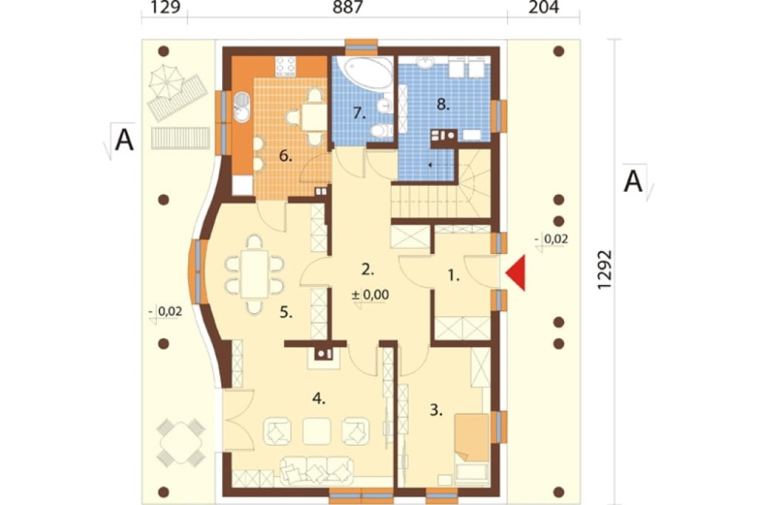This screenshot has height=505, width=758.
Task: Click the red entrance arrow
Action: [x=515, y=273]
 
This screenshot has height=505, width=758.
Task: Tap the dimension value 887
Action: [x=348, y=8]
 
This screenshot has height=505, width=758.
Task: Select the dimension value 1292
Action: [x=604, y=270]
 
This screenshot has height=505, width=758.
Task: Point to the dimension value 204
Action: [x=543, y=8]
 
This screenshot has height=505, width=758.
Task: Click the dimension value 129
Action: [x=166, y=8]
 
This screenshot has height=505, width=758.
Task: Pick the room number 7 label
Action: [x=359, y=113]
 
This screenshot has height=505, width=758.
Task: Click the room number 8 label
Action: [x=443, y=104]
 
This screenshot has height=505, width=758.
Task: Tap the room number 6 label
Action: [x=286, y=156]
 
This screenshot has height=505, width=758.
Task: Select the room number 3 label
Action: [x=436, y=410]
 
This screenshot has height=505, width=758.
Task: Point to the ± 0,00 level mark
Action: [x=371, y=294]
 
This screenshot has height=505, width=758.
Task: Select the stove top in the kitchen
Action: [x=285, y=67]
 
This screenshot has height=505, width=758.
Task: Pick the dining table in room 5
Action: [x=254, y=274]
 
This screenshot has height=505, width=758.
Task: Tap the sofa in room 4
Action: [x=315, y=471]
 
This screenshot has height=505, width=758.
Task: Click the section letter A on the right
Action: [x=633, y=182]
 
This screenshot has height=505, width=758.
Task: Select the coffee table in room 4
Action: [x=317, y=431]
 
